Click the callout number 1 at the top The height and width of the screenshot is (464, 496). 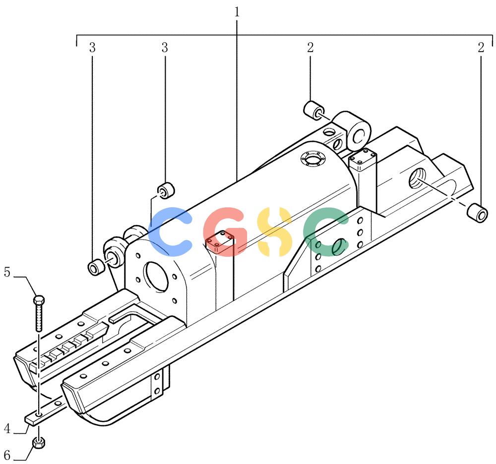(237, 12)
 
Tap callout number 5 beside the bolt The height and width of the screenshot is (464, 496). (7, 272)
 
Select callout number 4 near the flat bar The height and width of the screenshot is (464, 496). (7, 429)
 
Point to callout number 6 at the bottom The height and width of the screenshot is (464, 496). (7, 455)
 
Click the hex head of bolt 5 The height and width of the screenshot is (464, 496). (39, 299)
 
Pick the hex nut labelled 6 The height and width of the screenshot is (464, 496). (39, 443)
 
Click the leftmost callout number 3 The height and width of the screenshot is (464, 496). (92, 48)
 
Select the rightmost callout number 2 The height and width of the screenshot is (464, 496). (481, 48)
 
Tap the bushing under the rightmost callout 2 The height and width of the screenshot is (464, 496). (478, 214)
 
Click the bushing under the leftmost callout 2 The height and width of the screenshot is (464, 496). (314, 111)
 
